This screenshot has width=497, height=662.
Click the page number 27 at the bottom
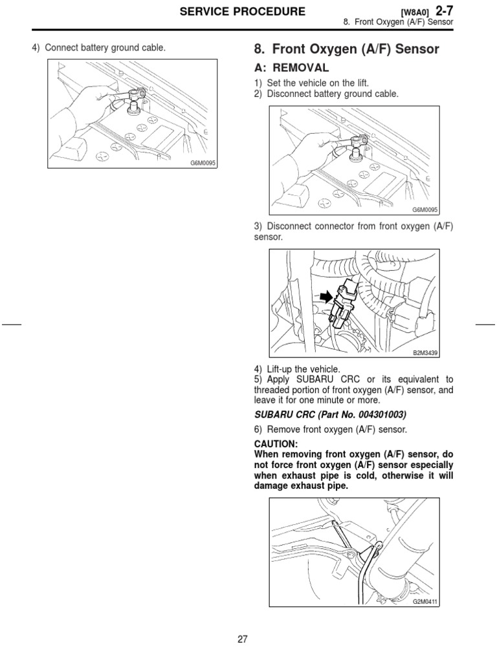pyautogui.click(x=243, y=639)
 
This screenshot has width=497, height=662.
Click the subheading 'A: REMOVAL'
pyautogui.click(x=289, y=68)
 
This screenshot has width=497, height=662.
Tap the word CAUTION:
pyautogui.click(x=276, y=444)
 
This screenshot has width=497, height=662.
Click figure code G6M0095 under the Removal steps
pyautogui.click(x=425, y=210)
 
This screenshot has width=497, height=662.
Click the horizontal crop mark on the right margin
pyautogui.click(x=485, y=323)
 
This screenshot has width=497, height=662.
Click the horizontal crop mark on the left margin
pyautogui.click(x=11, y=323)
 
